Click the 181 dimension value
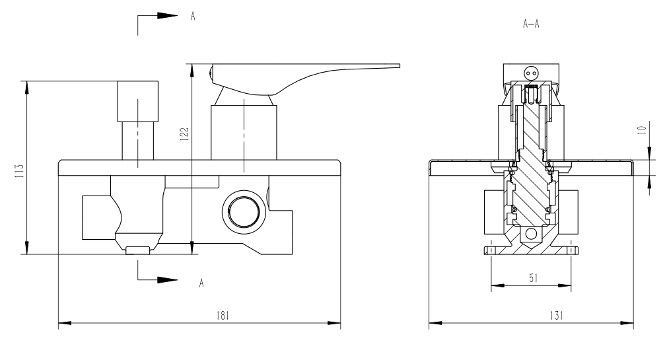[x=223, y=316]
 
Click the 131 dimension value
[x=557, y=316]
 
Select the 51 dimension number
[x=534, y=278]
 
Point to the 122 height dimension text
[x=184, y=134]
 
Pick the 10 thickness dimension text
[x=642, y=129]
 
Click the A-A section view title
[x=531, y=24]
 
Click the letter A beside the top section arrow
[x=193, y=17]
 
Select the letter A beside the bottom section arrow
[x=201, y=283]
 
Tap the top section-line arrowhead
[x=168, y=16]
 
